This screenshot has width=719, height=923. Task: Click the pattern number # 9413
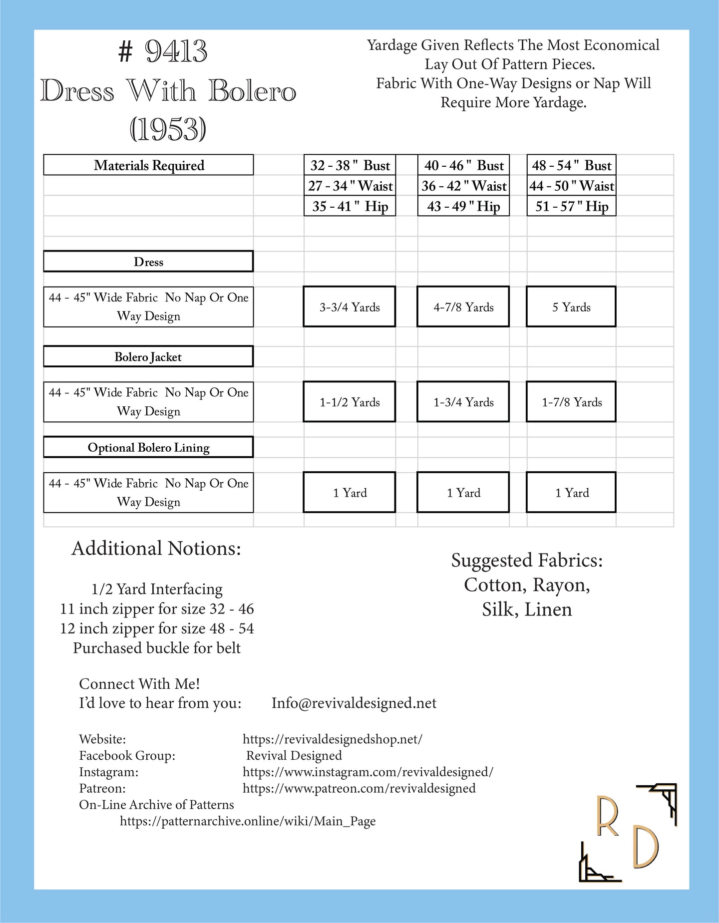pyautogui.click(x=163, y=51)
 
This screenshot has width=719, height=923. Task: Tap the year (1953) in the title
pyautogui.click(x=168, y=130)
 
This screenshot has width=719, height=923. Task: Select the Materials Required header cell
pyautogui.click(x=148, y=165)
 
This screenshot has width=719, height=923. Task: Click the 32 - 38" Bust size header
pyautogui.click(x=350, y=165)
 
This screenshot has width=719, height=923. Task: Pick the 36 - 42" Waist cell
pyautogui.click(x=463, y=186)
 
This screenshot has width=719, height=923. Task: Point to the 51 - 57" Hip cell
pyautogui.click(x=571, y=206)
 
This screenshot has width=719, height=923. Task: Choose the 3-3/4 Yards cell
pyautogui.click(x=350, y=307)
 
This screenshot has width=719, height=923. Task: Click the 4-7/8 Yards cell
pyautogui.click(x=463, y=307)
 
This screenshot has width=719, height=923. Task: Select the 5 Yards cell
pyautogui.click(x=571, y=307)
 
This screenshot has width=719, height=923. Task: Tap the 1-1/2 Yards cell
pyautogui.click(x=350, y=402)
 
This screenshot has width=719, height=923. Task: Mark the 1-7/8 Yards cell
pyautogui.click(x=571, y=402)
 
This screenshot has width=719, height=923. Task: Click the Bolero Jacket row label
pyautogui.click(x=148, y=357)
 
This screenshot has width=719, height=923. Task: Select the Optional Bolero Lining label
pyautogui.click(x=148, y=447)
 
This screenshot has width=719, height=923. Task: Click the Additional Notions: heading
pyautogui.click(x=156, y=549)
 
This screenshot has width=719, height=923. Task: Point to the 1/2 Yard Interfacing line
pyautogui.click(x=157, y=590)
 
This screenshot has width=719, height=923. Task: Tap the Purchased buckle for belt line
pyautogui.click(x=157, y=648)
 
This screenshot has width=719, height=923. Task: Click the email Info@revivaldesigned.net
pyautogui.click(x=354, y=703)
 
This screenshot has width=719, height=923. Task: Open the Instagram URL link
pyautogui.click(x=368, y=772)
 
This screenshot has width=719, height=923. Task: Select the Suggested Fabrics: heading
pyautogui.click(x=527, y=561)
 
